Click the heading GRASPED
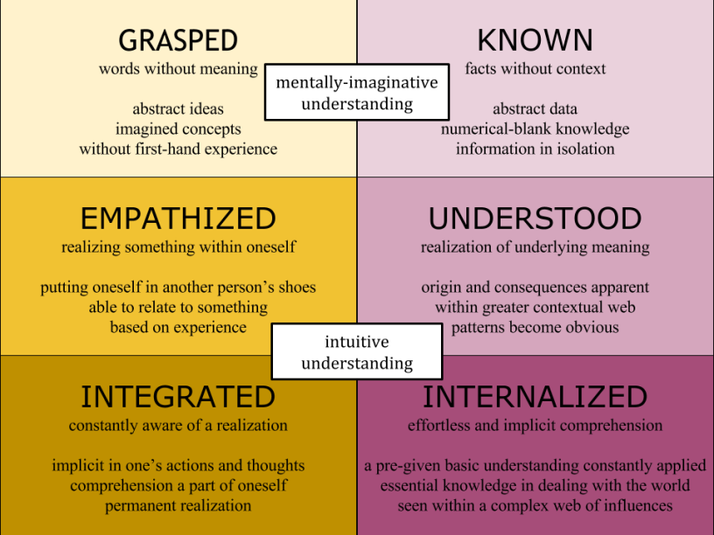(x=178, y=40)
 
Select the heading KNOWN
(x=535, y=40)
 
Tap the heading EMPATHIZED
(x=178, y=218)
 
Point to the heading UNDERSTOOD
(x=535, y=218)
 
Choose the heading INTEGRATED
(x=178, y=397)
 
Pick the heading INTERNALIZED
(x=535, y=397)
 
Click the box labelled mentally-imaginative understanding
(x=356, y=93)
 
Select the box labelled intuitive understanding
(x=356, y=351)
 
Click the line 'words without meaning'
(x=178, y=68)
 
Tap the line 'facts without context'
(x=535, y=68)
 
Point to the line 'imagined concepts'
(x=178, y=129)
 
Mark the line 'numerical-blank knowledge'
(x=535, y=129)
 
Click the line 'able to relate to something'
(x=178, y=308)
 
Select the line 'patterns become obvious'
(x=535, y=328)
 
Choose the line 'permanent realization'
(x=178, y=505)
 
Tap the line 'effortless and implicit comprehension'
(x=535, y=426)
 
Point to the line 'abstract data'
(x=535, y=109)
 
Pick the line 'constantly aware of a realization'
(x=178, y=426)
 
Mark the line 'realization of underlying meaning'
(x=535, y=247)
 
